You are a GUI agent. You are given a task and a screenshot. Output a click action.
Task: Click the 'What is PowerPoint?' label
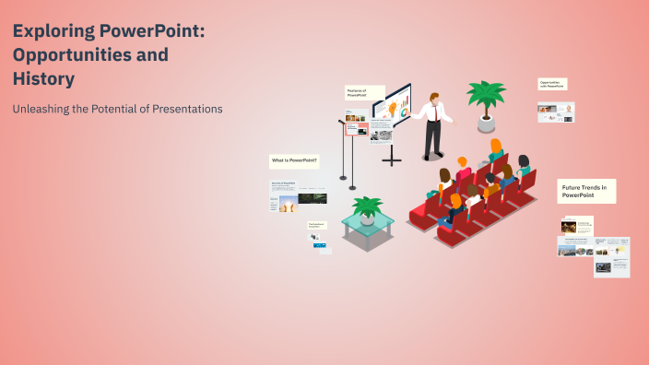(294, 160)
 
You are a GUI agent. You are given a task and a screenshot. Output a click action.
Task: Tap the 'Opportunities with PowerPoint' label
(552, 84)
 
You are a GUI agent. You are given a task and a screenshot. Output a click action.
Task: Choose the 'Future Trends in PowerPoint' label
(586, 191)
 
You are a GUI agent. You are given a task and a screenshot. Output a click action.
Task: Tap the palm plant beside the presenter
(485, 97)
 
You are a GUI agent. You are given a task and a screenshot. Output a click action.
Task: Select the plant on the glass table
(368, 207)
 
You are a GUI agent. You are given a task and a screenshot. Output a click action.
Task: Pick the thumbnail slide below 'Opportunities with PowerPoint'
(556, 112)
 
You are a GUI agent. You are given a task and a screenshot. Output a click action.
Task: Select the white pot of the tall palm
(485, 122)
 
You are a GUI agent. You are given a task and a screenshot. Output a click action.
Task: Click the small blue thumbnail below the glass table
(319, 245)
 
